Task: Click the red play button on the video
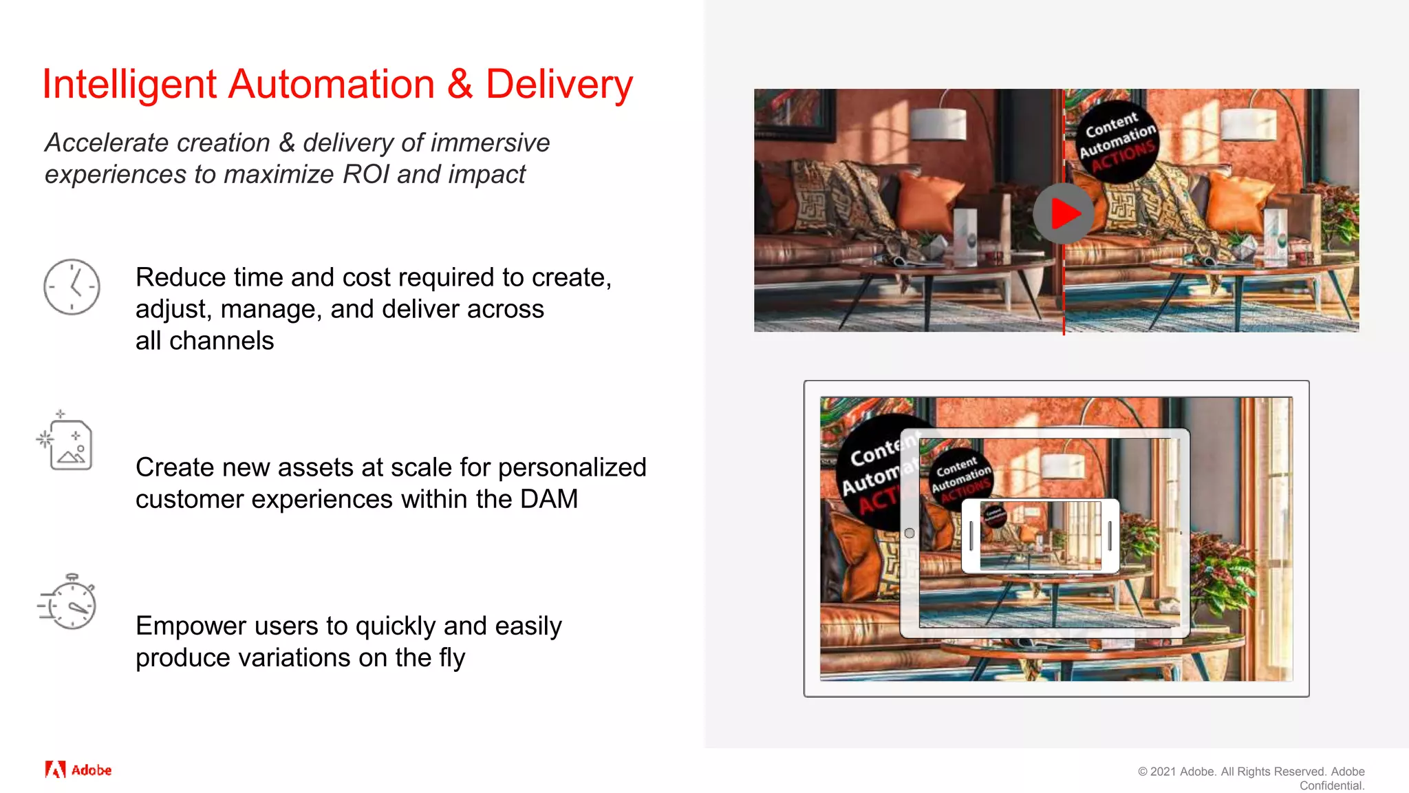[x=1064, y=213]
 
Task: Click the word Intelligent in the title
[x=129, y=85]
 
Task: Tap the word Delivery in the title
[x=559, y=85]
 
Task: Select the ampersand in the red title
[x=460, y=85]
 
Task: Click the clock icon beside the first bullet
[x=72, y=287]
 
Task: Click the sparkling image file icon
[x=67, y=443]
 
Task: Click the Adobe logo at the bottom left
[x=78, y=770]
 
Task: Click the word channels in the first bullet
[x=221, y=341]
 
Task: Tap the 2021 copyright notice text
[x=1251, y=772]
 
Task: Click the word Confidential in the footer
[x=1331, y=786]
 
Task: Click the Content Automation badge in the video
[x=1117, y=142]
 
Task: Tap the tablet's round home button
[x=910, y=533]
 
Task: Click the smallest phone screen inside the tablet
[x=1040, y=536]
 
